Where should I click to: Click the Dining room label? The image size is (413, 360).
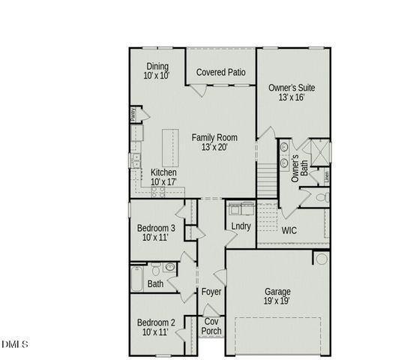[157, 66]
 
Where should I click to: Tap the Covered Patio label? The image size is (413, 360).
[222, 72]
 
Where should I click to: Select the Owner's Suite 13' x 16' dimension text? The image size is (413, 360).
[292, 98]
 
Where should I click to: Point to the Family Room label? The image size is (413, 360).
[214, 137]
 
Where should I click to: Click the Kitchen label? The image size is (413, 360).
[163, 172]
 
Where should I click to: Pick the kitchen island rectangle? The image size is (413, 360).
[171, 148]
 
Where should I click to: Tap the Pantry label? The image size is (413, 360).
[133, 115]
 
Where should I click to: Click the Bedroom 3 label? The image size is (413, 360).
[156, 228]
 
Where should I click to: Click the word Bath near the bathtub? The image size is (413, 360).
[155, 284]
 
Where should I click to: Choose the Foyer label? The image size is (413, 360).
[211, 291]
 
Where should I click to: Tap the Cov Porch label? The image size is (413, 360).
[212, 326]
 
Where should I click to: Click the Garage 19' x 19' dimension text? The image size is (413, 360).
[277, 301]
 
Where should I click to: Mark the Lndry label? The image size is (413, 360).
[241, 226]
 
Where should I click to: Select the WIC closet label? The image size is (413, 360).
[289, 230]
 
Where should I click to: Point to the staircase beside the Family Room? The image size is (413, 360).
[267, 180]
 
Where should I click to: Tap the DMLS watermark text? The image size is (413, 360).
[15, 344]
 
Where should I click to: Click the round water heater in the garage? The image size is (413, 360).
[321, 259]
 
